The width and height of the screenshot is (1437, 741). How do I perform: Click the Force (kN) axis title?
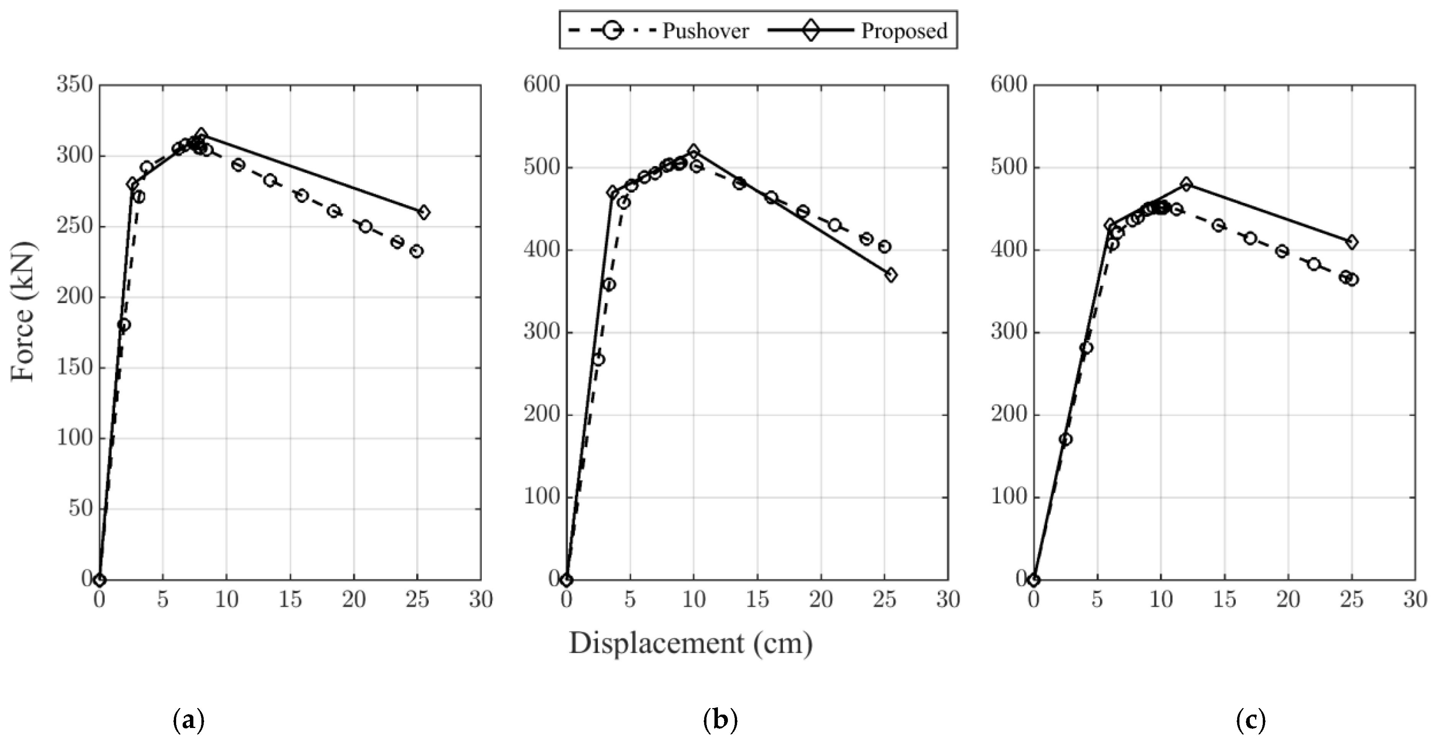point(23,311)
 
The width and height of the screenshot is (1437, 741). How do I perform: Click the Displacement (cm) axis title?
point(691,643)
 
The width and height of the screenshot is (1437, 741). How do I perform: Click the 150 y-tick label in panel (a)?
point(74,367)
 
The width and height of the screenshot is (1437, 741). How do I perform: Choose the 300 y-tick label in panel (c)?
point(1009,332)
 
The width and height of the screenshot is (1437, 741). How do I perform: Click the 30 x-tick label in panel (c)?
point(1415,600)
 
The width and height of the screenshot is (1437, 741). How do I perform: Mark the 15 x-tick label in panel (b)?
point(757,600)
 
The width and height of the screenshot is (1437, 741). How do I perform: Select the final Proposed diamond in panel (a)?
point(423,212)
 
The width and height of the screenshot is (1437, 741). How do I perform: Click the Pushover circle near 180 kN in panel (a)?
point(124,325)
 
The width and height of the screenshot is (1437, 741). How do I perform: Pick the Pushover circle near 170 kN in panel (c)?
point(1065,439)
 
